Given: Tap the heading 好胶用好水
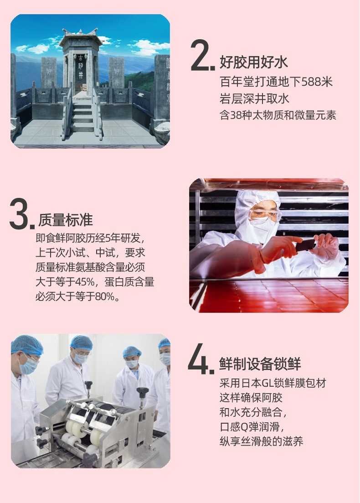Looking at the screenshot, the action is click(x=253, y=62).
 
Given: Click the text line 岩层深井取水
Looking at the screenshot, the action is click(x=254, y=99).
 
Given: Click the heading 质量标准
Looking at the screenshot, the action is click(x=66, y=220).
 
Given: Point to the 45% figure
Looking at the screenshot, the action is click(x=85, y=282).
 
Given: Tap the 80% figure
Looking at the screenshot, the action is click(x=105, y=296).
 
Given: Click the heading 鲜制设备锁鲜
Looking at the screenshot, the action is click(x=260, y=364).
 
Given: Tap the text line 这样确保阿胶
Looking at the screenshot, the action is click(x=251, y=398).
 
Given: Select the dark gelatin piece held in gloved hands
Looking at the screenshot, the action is click(x=305, y=245).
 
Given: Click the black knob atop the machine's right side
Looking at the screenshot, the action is click(x=142, y=392).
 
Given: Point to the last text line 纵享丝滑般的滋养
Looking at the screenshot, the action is click(x=261, y=442).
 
